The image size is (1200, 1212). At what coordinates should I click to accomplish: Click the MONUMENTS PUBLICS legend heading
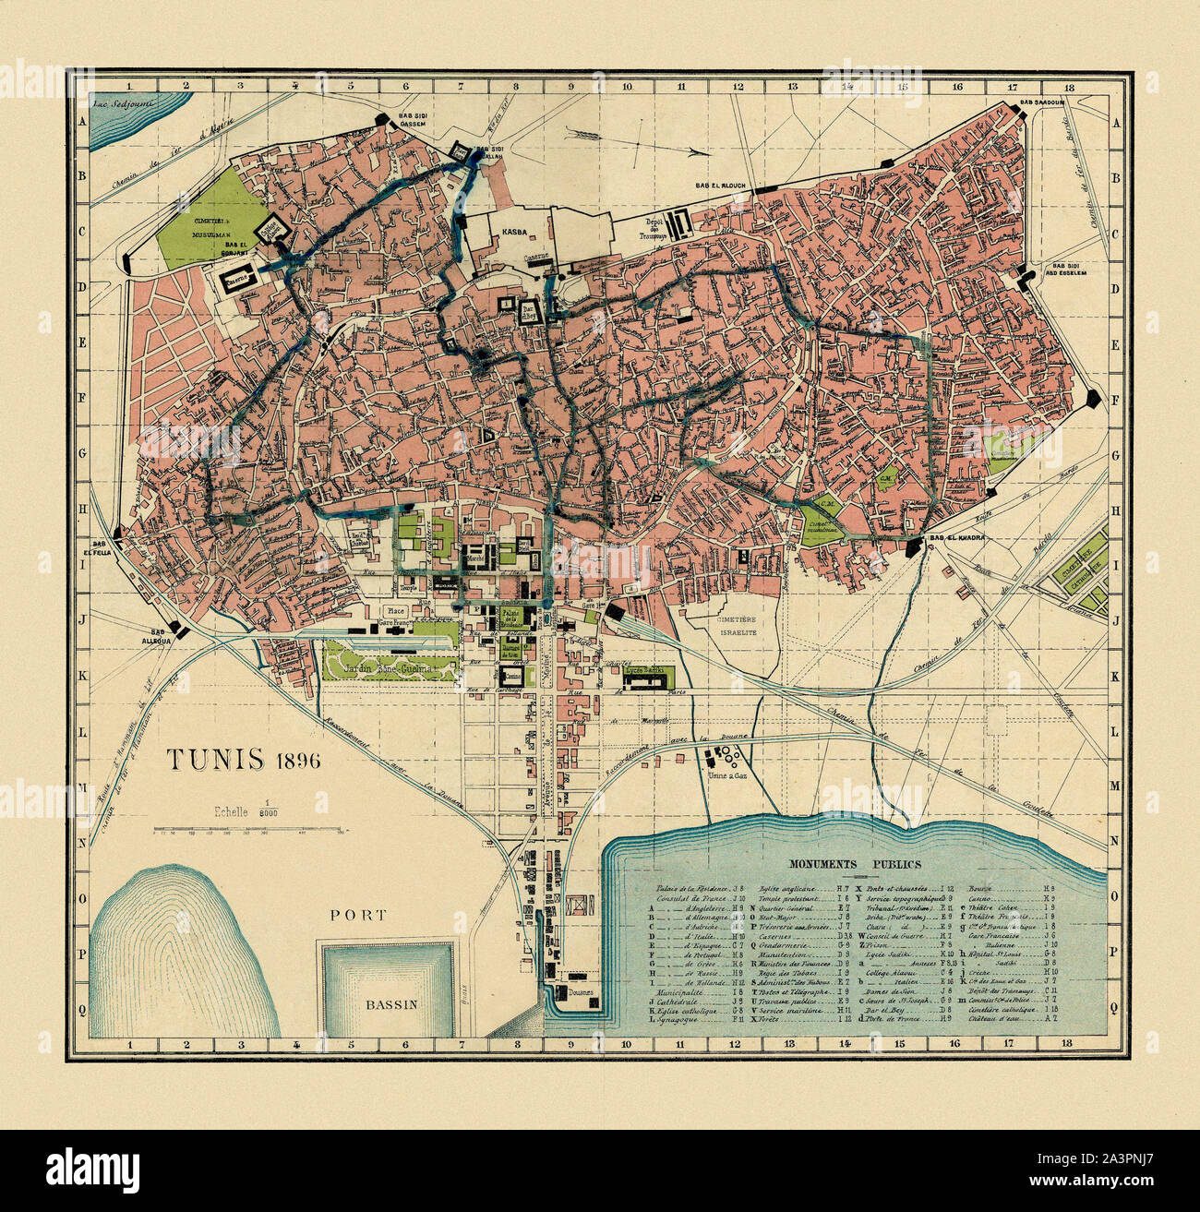coord(854,865)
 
